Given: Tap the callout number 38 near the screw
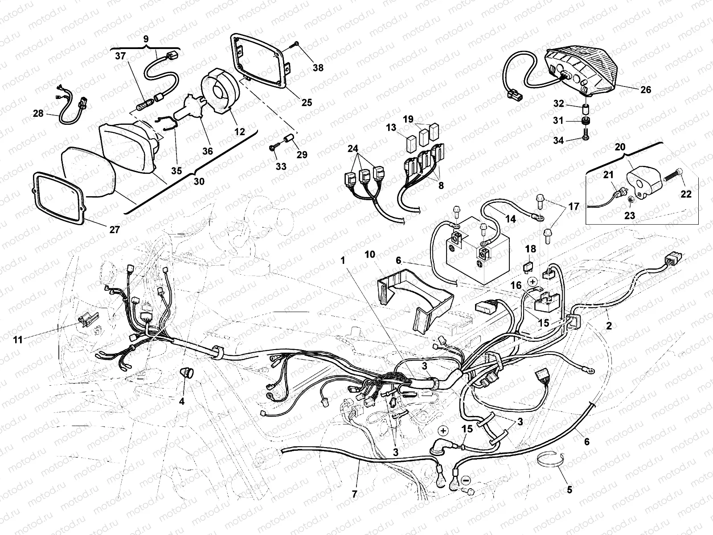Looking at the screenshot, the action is pyautogui.click(x=318, y=68).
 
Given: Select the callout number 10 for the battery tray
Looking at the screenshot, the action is pyautogui.click(x=369, y=255).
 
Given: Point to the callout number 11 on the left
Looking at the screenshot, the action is pyautogui.click(x=18, y=340).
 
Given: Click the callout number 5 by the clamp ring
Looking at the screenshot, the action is pyautogui.click(x=569, y=490).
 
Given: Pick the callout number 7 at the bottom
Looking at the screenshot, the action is pyautogui.click(x=355, y=494).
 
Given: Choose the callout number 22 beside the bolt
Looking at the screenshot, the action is pyautogui.click(x=686, y=194).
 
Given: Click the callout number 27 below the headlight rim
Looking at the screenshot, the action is pyautogui.click(x=115, y=230).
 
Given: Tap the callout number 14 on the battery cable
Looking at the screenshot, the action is pyautogui.click(x=510, y=219).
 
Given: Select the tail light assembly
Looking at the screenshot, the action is pyautogui.click(x=582, y=71).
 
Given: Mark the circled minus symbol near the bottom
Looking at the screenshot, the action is pyautogui.click(x=466, y=480).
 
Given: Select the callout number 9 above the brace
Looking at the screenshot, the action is pyautogui.click(x=146, y=39).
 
